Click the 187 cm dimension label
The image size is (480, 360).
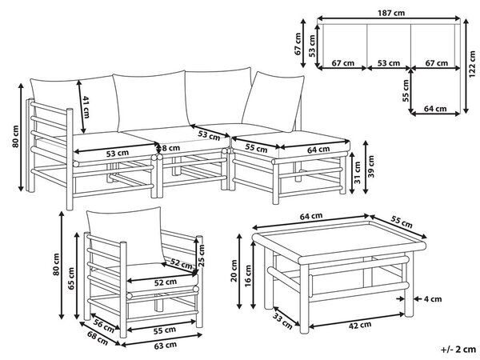pyautogui.click(x=391, y=13)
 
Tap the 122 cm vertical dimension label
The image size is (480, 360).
pyautogui.click(x=472, y=64)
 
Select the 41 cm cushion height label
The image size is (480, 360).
pyautogui.click(x=86, y=107)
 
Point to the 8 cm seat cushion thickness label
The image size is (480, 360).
pyautogui.click(x=170, y=148)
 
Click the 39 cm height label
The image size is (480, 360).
pyautogui.click(x=370, y=166)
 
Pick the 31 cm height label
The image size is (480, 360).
pyautogui.click(x=358, y=173)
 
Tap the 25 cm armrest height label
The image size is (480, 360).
pyautogui.click(x=201, y=256)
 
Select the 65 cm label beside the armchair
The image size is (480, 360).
pyautogui.click(x=71, y=278)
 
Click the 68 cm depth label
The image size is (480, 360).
pyautogui.click(x=98, y=338)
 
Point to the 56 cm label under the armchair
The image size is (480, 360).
pyautogui.click(x=104, y=326)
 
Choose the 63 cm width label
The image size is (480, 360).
pyautogui.click(x=165, y=346)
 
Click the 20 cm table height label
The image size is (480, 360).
pyautogui.click(x=234, y=270)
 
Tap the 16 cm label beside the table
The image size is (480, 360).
pyautogui.click(x=248, y=275)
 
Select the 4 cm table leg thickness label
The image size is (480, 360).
pyautogui.click(x=433, y=298)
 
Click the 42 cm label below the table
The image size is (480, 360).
pyautogui.click(x=360, y=325)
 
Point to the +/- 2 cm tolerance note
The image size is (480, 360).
pyautogui.click(x=458, y=349)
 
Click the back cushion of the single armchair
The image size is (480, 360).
pyautogui.click(x=126, y=236)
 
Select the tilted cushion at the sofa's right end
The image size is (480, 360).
pyautogui.click(x=273, y=102)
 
